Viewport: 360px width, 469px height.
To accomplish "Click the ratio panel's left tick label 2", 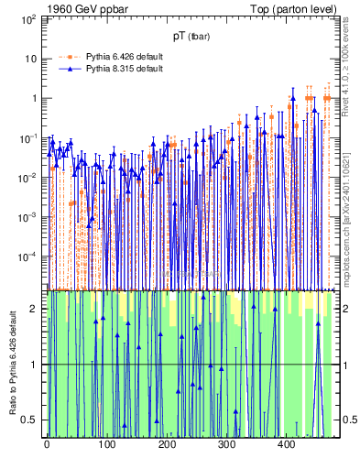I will tap(35, 309).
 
